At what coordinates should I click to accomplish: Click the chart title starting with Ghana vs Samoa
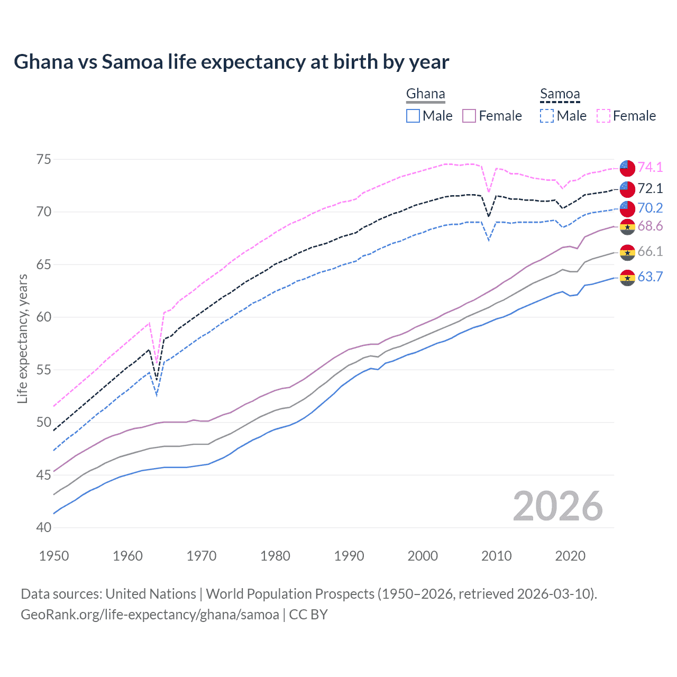231,62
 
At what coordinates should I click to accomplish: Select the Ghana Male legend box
413,116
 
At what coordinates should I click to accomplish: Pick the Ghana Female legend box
469,116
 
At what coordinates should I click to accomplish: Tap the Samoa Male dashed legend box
547,116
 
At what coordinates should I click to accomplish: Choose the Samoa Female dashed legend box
603,116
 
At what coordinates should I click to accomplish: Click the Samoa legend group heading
560,94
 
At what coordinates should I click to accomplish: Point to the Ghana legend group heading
425,94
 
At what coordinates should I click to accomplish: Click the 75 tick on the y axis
44,159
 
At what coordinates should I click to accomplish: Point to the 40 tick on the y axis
44,527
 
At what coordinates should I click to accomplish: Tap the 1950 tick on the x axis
54,556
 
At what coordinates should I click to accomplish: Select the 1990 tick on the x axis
349,556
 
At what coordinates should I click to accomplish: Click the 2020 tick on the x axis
570,556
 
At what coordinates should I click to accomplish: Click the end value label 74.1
650,167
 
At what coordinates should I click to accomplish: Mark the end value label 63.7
650,277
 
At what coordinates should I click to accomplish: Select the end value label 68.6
650,226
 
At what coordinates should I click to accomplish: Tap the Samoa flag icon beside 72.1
627,189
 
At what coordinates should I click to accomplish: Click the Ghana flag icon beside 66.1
627,252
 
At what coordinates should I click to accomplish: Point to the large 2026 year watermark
558,507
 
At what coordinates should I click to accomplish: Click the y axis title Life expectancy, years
23,338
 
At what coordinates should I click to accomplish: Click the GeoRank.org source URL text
150,615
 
